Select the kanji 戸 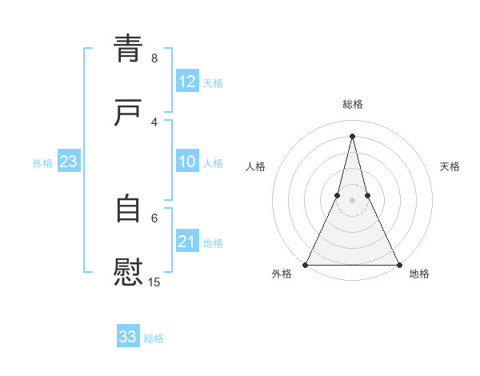[x=128, y=113]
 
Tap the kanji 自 [x=128, y=209]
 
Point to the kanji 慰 [x=128, y=272]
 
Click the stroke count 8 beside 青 [x=154, y=58]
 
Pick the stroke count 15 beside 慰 [x=154, y=282]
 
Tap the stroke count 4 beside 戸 [x=154, y=122]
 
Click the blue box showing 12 [x=186, y=82]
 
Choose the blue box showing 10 [x=186, y=162]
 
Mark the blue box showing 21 [x=186, y=242]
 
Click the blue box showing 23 [x=68, y=162]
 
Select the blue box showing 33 [x=128, y=337]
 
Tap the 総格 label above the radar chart [x=352, y=104]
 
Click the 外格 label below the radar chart [x=282, y=274]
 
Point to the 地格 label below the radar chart [x=419, y=274]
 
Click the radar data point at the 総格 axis [x=352, y=136]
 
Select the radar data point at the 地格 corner [x=398, y=264]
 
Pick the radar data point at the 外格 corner [x=306, y=264]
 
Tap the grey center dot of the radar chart [x=352, y=200]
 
